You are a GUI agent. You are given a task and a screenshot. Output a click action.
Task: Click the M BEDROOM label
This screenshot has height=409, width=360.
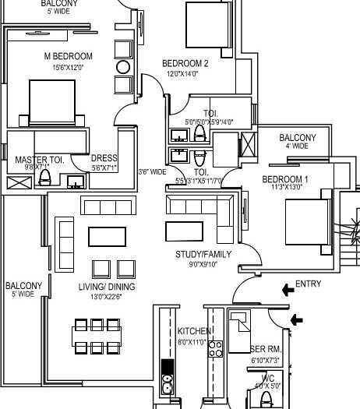pos(68,57)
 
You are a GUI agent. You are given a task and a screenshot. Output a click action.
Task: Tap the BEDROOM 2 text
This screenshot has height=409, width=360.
pos(185,64)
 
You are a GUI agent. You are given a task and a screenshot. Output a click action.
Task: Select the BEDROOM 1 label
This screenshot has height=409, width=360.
pos(284,179)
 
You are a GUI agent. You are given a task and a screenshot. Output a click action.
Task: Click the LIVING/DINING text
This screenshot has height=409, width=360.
pos(106,287)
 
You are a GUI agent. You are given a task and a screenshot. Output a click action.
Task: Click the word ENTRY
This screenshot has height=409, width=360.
pos(309,284)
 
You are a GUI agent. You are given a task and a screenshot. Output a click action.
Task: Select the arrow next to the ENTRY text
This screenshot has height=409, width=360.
pos(288,290)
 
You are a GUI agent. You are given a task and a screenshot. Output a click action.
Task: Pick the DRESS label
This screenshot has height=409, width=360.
pos(104,158)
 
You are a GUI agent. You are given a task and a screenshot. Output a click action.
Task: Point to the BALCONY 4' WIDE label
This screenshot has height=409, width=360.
pos(298,138)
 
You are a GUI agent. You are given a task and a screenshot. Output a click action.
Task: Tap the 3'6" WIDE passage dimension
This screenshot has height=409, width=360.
pos(152,172)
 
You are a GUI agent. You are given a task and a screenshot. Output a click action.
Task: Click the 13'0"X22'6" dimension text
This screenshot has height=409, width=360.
pos(106,296)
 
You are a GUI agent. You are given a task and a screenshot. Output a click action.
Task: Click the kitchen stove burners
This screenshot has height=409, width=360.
pos(216,348)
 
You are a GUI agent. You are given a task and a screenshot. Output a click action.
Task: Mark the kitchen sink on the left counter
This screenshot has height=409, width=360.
pos(166,383)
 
